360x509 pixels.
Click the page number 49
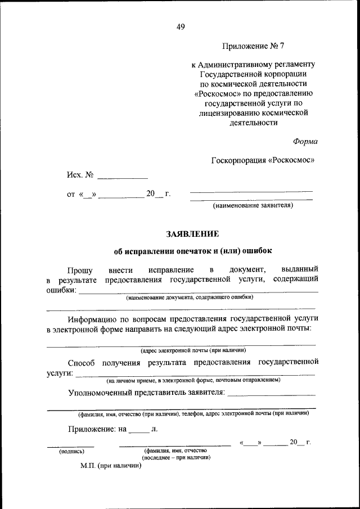click(x=181, y=26)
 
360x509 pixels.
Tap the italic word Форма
click(x=305, y=141)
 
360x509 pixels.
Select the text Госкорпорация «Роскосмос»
click(x=263, y=160)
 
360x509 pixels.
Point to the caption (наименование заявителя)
click(x=253, y=206)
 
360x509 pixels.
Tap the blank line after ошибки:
click(x=197, y=291)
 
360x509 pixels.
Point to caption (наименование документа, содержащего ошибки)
click(x=190, y=297)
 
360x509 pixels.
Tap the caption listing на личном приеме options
click(x=193, y=381)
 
